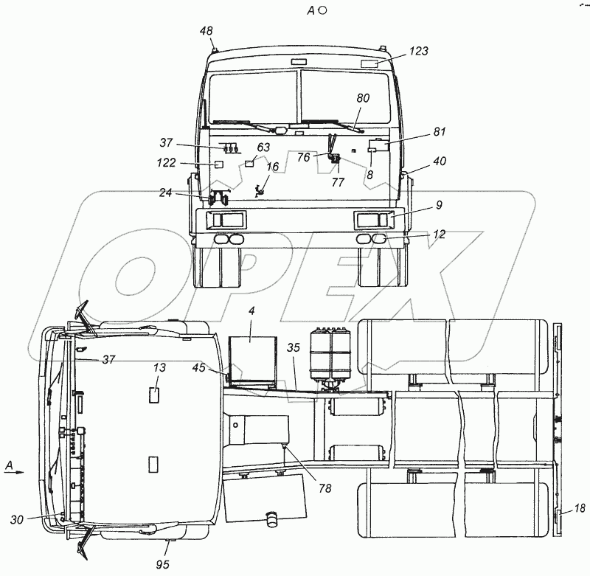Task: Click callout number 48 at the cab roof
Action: [206, 31]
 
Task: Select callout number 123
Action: [419, 51]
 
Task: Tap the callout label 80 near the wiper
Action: [363, 98]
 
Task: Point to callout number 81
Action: [439, 132]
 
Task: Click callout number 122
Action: [167, 162]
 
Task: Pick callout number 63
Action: [263, 147]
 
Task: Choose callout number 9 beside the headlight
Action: [439, 205]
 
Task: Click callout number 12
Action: [439, 234]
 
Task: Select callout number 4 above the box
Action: [251, 310]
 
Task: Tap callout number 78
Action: [324, 488]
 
